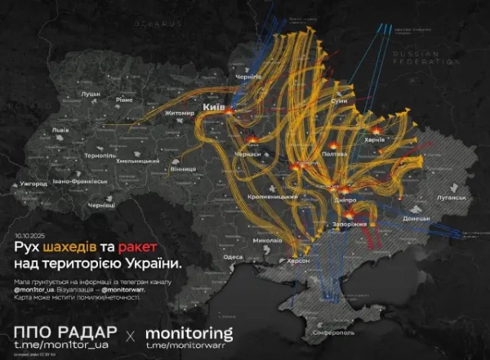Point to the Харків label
click(397, 140)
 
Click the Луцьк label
click(90, 95)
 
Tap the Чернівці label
click(103, 204)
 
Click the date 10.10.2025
click(28, 233)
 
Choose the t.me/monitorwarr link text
click(187, 346)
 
